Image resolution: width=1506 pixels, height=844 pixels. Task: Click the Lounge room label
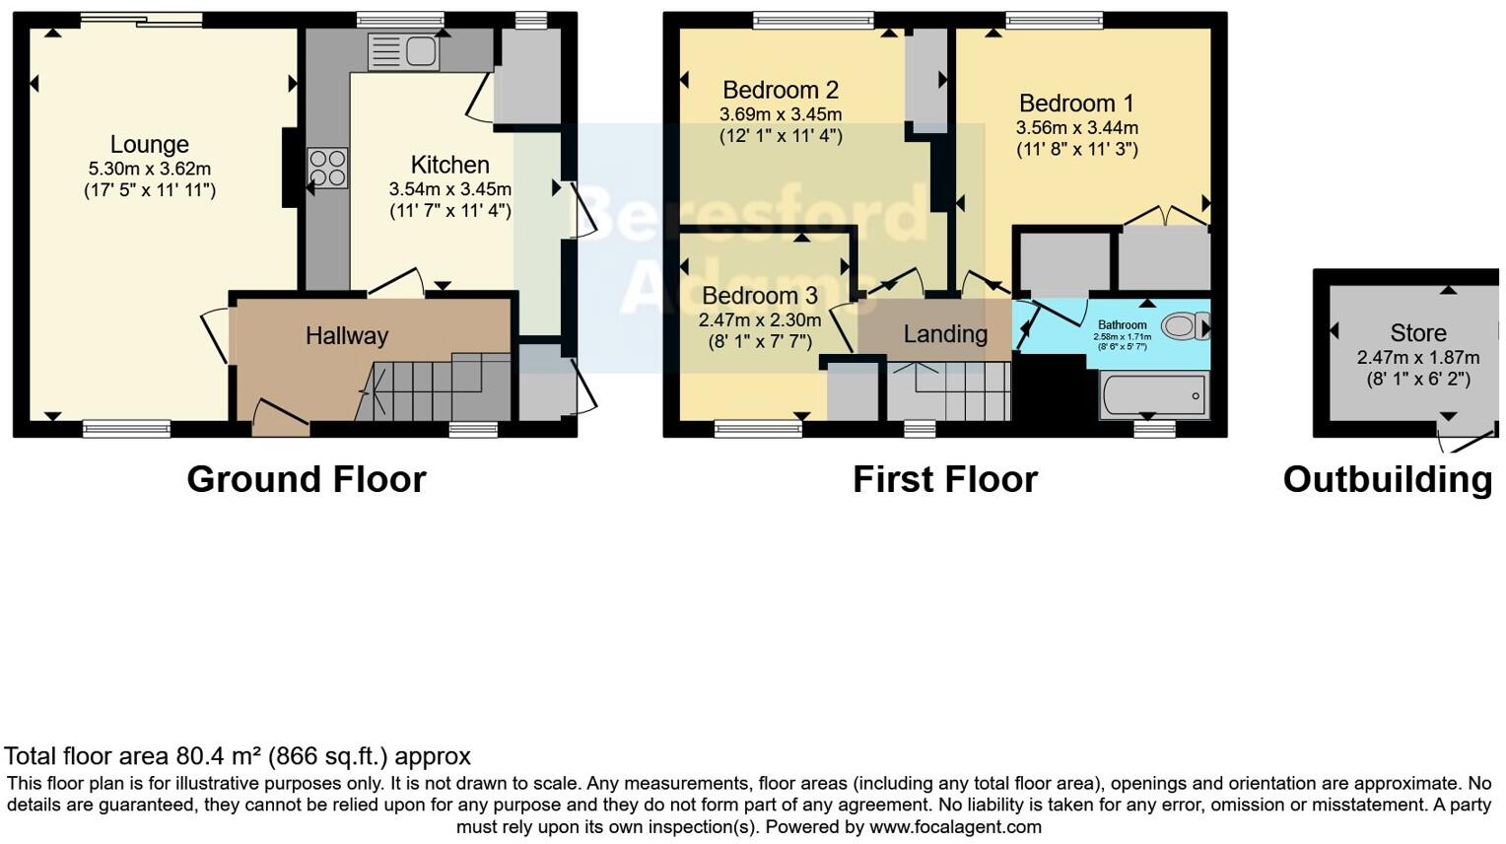(149, 145)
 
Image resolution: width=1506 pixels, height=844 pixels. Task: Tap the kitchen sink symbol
(402, 51)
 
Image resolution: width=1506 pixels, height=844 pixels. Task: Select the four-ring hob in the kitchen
(327, 168)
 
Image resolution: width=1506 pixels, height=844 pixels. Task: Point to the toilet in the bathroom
(1183, 325)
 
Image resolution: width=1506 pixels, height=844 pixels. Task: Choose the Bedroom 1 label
(1076, 104)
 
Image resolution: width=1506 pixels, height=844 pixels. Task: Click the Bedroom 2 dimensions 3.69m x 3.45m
(780, 114)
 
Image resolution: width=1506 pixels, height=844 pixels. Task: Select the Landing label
(945, 334)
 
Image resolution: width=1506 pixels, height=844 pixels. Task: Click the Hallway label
(346, 336)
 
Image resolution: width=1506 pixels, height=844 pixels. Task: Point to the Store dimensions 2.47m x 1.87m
(1417, 358)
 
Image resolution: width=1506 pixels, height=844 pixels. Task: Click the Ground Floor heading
(306, 480)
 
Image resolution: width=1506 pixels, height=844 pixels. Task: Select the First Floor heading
(944, 480)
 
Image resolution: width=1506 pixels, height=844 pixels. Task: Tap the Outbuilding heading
(1387, 480)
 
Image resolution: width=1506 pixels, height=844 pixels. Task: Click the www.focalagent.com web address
(955, 827)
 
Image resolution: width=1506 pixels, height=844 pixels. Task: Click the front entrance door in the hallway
(280, 420)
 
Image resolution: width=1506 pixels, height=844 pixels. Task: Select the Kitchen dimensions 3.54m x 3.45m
(449, 189)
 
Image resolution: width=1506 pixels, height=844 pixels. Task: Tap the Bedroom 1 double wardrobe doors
(1164, 215)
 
